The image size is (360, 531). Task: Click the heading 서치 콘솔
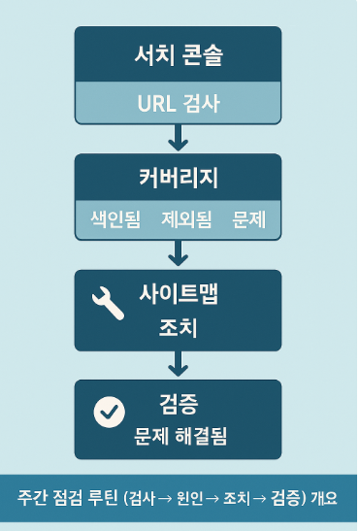click(178, 56)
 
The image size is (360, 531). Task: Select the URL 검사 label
click(178, 102)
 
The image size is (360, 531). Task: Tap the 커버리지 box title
click(178, 179)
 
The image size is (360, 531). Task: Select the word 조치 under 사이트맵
click(179, 327)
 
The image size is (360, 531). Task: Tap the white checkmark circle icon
click(108, 412)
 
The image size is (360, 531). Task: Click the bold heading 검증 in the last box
click(179, 400)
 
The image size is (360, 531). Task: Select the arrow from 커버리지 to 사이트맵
click(178, 253)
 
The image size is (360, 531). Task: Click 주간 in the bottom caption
click(31, 498)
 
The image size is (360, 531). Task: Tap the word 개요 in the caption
click(324, 498)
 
